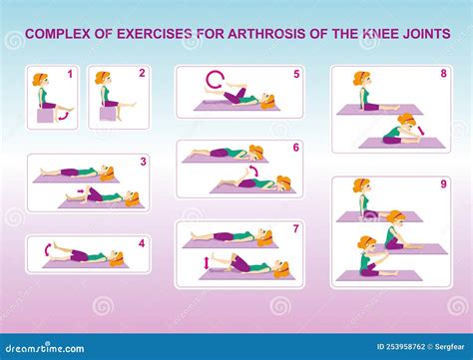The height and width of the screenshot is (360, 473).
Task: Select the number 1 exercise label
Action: click(70, 74)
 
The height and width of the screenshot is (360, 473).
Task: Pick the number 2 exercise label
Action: click(142, 73)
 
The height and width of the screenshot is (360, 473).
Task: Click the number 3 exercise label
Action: click(143, 161)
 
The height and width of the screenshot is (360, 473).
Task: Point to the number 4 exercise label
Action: click(142, 242)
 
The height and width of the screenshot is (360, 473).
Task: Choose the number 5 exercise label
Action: click(295, 74)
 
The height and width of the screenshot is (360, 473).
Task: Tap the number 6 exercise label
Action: click(295, 147)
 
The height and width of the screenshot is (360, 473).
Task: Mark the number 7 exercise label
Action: click(295, 228)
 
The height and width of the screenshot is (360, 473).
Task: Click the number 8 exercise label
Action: click(444, 74)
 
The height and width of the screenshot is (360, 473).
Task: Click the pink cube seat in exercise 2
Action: click(107, 114)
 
